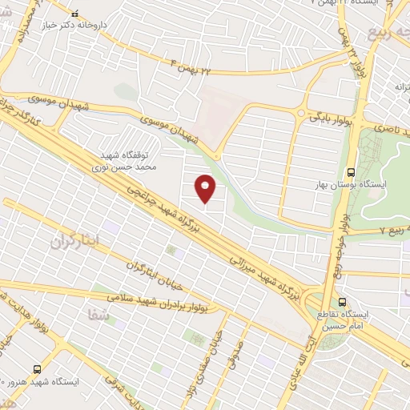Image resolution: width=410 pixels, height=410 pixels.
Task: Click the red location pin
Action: coord(206,188)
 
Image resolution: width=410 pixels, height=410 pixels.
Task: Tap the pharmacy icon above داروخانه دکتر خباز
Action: coord(75,14)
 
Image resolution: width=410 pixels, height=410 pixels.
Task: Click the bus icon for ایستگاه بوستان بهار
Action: coord(351,171)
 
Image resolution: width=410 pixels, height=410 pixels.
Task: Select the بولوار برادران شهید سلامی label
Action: coord(171,302)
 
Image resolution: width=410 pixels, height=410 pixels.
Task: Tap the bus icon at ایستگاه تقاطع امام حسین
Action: coord(342,303)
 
